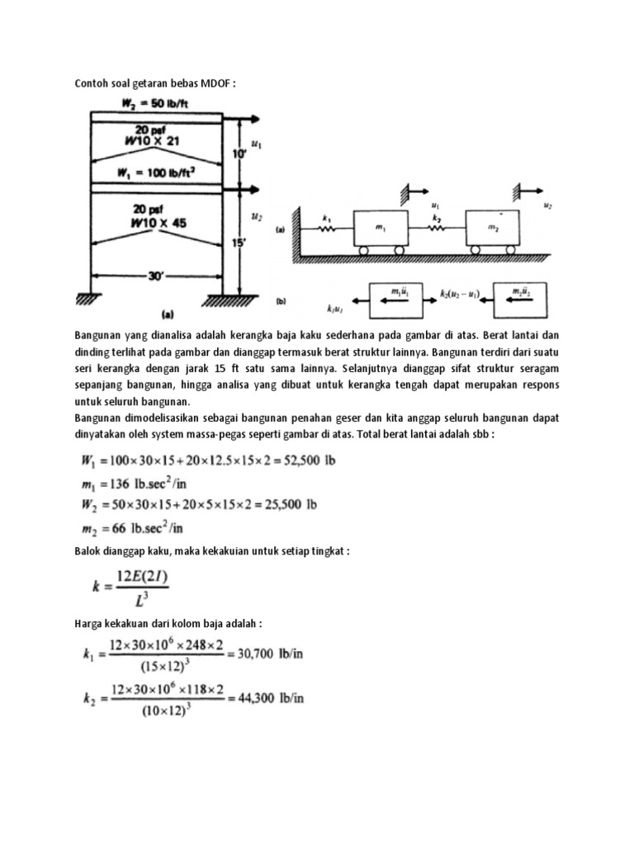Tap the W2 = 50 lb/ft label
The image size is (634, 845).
click(x=154, y=104)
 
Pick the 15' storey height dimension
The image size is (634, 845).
click(x=239, y=244)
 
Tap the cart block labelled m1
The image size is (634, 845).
click(x=380, y=227)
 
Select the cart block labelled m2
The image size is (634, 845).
click(x=492, y=227)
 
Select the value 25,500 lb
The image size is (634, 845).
click(x=292, y=503)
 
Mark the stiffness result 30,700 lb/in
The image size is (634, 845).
click(x=273, y=653)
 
